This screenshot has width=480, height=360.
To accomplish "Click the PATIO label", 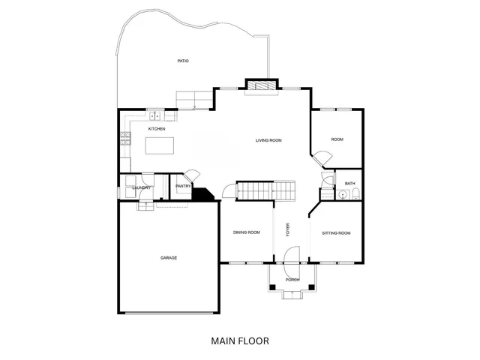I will [182, 61].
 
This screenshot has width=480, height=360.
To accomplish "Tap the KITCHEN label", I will [157, 129].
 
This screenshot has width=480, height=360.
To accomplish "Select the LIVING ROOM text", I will [268, 140].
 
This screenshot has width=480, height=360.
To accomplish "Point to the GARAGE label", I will [168, 258].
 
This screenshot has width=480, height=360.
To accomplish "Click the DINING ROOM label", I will [247, 232].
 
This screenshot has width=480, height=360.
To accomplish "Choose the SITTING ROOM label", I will [336, 233].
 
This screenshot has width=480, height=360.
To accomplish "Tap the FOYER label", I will [287, 230].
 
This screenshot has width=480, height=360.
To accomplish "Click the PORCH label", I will [292, 280].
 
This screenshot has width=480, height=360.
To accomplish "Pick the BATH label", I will [349, 184].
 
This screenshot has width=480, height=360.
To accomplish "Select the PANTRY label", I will [182, 186].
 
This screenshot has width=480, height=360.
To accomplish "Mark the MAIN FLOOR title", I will [240, 340].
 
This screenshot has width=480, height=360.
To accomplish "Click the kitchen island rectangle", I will [159, 147].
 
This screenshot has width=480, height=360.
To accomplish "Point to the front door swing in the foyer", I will [293, 255].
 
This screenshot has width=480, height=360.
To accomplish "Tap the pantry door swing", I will [192, 174].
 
